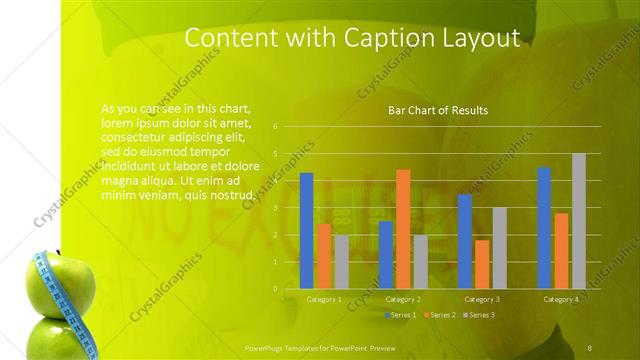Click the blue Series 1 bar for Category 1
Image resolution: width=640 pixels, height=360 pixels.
click(x=306, y=231)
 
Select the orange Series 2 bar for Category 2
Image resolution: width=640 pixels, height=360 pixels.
click(x=403, y=229)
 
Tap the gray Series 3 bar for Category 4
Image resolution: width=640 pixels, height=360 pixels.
click(x=579, y=221)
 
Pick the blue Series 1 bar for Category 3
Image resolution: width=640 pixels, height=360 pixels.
click(x=464, y=241)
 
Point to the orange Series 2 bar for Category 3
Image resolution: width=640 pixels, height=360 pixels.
click(x=482, y=264)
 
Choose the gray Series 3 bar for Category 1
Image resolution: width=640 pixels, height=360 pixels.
click(x=342, y=262)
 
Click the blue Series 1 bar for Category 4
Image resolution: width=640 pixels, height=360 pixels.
click(x=544, y=228)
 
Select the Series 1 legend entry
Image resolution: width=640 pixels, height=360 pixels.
click(x=400, y=315)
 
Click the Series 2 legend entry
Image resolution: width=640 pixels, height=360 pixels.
click(x=439, y=315)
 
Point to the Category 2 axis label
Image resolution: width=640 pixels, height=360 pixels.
click(x=402, y=299)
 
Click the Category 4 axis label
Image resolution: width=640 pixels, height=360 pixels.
click(x=560, y=299)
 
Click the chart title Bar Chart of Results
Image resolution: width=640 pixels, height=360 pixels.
click(x=438, y=110)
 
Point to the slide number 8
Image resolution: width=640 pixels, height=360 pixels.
click(x=590, y=346)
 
